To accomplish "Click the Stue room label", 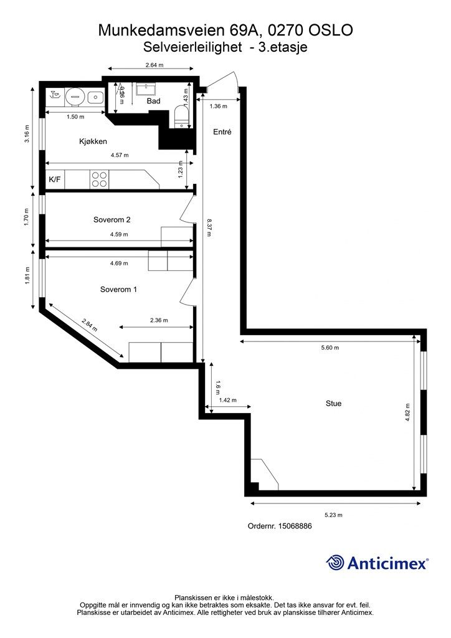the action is (333, 403).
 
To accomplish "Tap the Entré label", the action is (222, 132).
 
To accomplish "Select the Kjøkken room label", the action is (93, 141).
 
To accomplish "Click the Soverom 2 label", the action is (112, 220).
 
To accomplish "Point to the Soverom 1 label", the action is (118, 289).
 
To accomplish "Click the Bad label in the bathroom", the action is (154, 101).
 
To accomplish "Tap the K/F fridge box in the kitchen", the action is (55, 179).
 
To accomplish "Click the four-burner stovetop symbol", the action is (100, 179).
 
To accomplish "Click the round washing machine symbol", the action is (74, 97).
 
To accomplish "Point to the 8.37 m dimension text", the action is (209, 228).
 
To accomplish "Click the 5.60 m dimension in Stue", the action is (330, 348).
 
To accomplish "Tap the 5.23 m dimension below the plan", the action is (333, 515).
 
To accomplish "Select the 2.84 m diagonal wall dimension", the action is (90, 325).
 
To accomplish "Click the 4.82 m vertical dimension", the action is (407, 412).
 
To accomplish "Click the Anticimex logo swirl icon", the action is (335, 563).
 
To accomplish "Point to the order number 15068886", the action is (295, 526).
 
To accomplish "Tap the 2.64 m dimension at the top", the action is (154, 65).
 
